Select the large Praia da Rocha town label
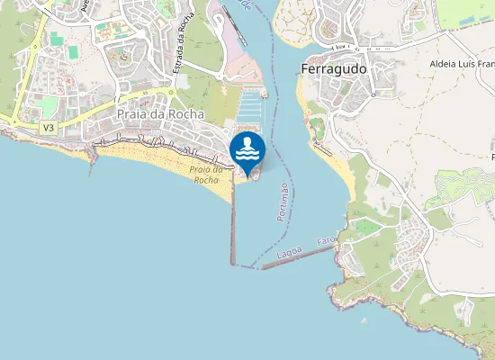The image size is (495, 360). pos(160,114)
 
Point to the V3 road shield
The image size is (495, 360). pos(49,129)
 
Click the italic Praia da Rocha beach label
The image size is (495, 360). pos(206,174)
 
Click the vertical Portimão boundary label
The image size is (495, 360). pos(283,202)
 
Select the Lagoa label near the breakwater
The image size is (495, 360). pos(290,255)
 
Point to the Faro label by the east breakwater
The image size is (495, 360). pos(326,241)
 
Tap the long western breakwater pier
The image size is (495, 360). pos(232,220)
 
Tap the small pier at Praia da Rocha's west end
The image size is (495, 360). pos(92,154)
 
